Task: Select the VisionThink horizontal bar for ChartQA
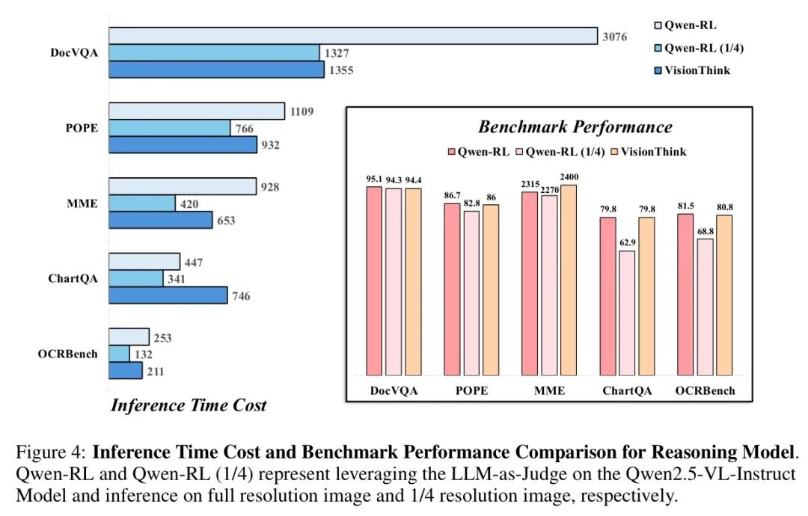[x=168, y=295]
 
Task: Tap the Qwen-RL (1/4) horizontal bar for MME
[x=142, y=203]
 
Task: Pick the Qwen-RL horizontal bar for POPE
[x=197, y=111]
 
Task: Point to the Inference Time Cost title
[x=189, y=406]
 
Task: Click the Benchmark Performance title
[x=575, y=126]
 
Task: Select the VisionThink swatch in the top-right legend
[x=658, y=70]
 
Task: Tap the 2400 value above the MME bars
[x=568, y=177]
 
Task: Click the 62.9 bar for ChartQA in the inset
[x=626, y=313]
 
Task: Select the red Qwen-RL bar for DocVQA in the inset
[x=374, y=280]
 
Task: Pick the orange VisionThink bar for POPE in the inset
[x=490, y=289]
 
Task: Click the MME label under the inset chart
[x=550, y=390]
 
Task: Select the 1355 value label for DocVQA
[x=338, y=71]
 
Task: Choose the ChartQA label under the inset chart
[x=627, y=390]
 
